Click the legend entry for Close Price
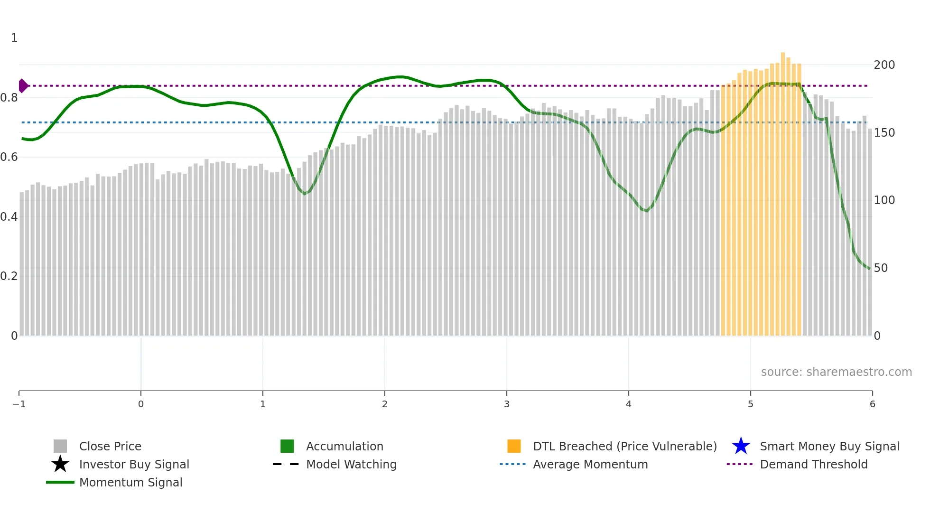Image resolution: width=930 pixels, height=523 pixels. [x=110, y=446]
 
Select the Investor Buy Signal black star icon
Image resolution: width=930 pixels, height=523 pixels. [x=60, y=464]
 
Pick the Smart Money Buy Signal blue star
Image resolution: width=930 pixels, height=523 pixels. [x=741, y=446]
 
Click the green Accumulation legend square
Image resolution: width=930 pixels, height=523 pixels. [x=287, y=446]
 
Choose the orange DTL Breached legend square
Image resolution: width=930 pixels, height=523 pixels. [x=514, y=446]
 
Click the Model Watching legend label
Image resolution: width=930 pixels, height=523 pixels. [x=351, y=464]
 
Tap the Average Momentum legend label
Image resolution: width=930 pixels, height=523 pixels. [x=590, y=464]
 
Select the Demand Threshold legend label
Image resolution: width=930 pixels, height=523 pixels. [x=813, y=464]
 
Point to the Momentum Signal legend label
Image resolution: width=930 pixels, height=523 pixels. [x=130, y=482]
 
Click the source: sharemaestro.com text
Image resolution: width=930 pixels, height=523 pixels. [x=836, y=372]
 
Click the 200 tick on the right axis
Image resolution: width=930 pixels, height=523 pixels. [x=884, y=65]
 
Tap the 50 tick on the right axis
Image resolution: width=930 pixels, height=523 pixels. [x=881, y=268]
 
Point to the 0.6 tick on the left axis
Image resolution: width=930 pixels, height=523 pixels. [x=9, y=157]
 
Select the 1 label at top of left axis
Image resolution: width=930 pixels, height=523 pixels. [x=14, y=38]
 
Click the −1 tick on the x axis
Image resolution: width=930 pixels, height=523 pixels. [x=19, y=404]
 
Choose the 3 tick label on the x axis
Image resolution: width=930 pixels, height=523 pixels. [x=507, y=404]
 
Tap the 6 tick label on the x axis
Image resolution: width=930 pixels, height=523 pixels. [x=872, y=404]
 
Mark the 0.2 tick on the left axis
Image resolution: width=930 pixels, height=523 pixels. [x=9, y=276]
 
